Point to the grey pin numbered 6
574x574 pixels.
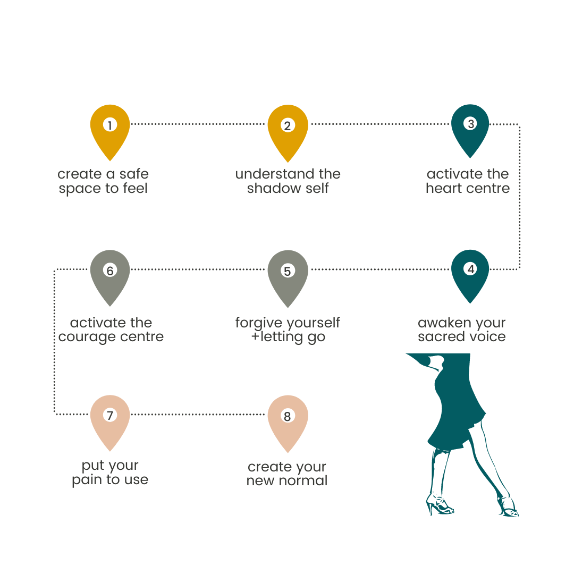coord(109,273)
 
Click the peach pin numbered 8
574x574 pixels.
coord(288,420)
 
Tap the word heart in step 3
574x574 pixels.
coord(443,189)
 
